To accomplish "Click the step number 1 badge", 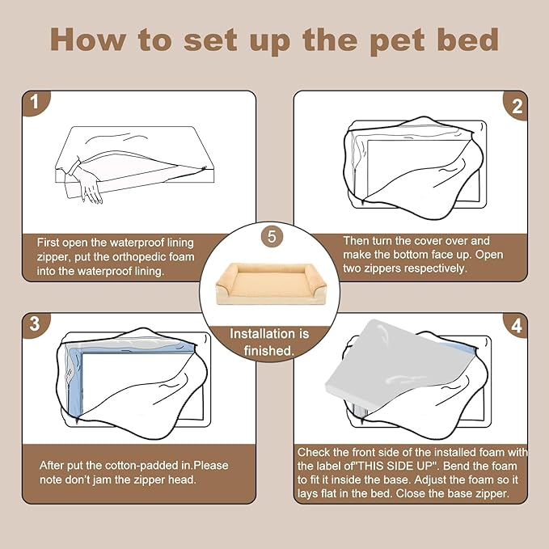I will pyautogui.click(x=34, y=103).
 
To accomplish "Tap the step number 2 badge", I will pyautogui.click(x=516, y=104).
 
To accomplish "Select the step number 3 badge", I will pyautogui.click(x=34, y=324).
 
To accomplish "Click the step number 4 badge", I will pyautogui.click(x=516, y=327).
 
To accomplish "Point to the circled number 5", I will pyautogui.click(x=272, y=238).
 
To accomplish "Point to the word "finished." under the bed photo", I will pyautogui.click(x=269, y=350).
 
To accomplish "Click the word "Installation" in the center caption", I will pyautogui.click(x=269, y=333).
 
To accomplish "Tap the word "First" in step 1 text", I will pyautogui.click(x=51, y=242).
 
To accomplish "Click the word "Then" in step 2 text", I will pyautogui.click(x=357, y=240).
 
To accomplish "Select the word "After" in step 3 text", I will pyautogui.click(x=53, y=466).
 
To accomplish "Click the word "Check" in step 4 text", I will pyautogui.click(x=315, y=451).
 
